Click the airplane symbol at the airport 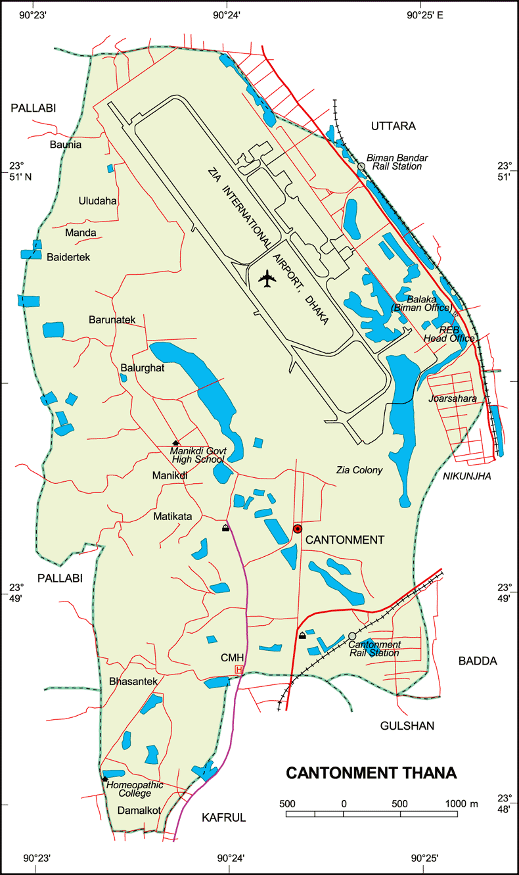point(267,279)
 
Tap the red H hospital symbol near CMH point(239,669)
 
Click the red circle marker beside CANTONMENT point(297,529)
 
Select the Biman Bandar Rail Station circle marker point(361,166)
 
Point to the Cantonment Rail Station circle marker point(352,636)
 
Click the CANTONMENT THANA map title point(371,773)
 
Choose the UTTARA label point(393,126)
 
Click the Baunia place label point(66,145)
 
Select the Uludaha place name point(97,201)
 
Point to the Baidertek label point(68,257)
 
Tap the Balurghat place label point(142,368)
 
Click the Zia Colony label point(359,470)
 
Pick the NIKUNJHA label point(467,476)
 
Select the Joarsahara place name point(452,398)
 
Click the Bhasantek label point(134,682)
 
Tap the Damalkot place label point(139,811)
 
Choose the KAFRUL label point(223,817)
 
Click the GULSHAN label point(407,726)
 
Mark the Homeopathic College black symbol point(104,779)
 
